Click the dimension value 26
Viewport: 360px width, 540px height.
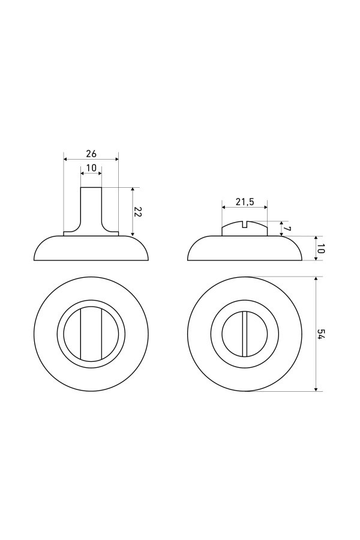click(91, 154)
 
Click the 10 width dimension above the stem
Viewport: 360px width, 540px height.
click(91, 167)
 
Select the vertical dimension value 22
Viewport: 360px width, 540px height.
click(137, 211)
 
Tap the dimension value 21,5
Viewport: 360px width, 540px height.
click(244, 202)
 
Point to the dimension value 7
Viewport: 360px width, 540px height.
click(287, 229)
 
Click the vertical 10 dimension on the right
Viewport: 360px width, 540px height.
click(322, 248)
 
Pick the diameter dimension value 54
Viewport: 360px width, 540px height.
click(322, 334)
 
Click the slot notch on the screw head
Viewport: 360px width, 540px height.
click(245, 226)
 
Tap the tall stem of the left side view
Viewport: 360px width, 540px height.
click(91, 207)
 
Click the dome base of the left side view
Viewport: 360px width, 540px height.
click(91, 249)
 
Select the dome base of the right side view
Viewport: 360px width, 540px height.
click(245, 249)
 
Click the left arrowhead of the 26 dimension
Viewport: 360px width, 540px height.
click(66, 159)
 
